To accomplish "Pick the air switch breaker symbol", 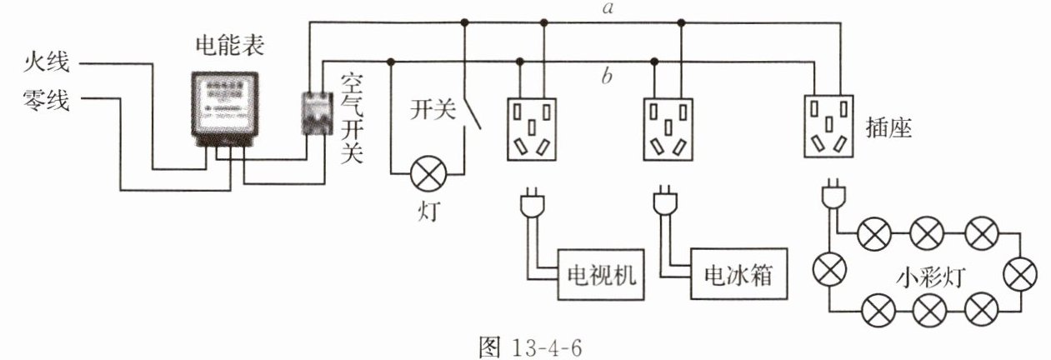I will [x=313, y=112].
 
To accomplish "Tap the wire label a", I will [x=609, y=8].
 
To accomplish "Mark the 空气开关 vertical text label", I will [x=353, y=117].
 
